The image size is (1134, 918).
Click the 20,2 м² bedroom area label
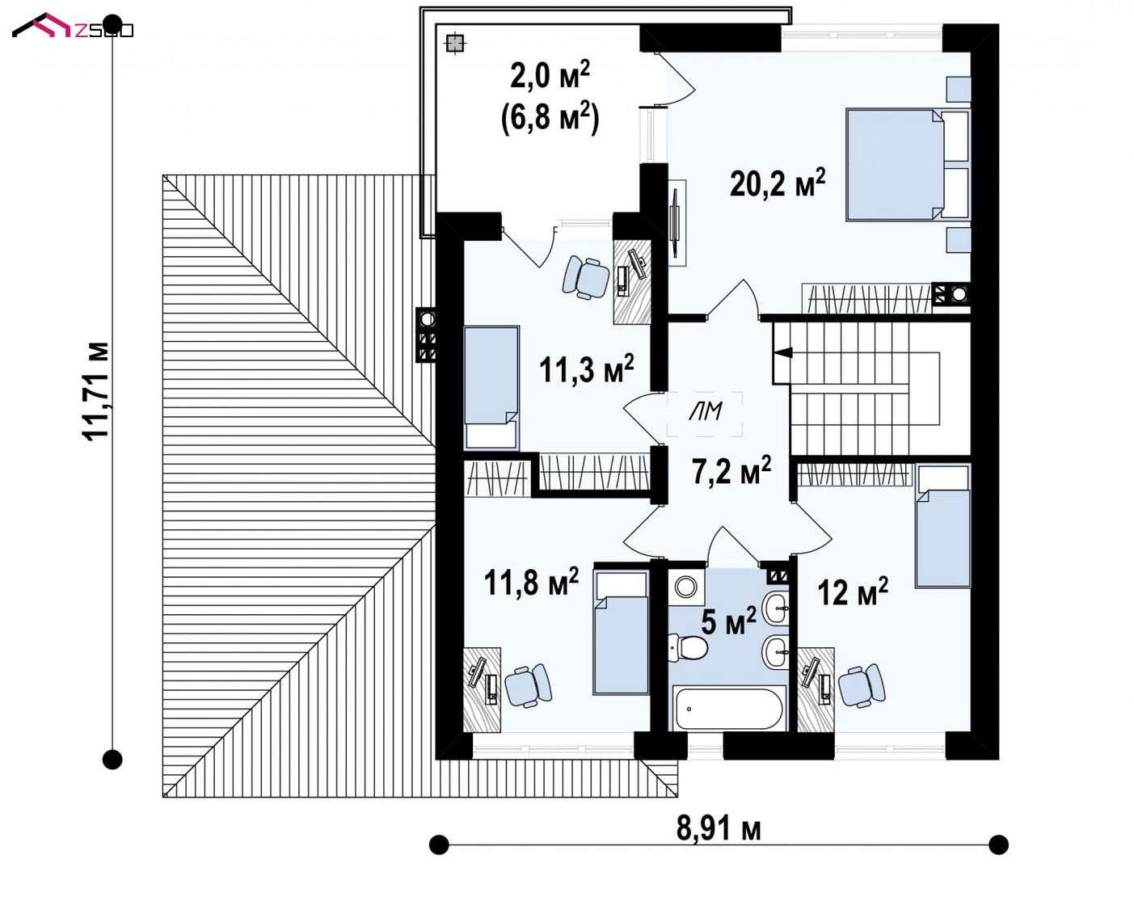(x=778, y=183)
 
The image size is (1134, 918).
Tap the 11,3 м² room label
(x=587, y=368)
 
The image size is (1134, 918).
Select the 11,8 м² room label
(x=531, y=582)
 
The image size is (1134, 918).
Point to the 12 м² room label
(x=853, y=592)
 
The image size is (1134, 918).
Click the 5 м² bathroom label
(x=729, y=621)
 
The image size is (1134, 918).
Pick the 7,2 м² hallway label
(x=731, y=470)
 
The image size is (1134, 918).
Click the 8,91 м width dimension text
(x=719, y=828)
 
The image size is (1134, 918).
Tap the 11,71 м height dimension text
(x=96, y=390)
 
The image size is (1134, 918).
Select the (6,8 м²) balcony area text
(x=550, y=118)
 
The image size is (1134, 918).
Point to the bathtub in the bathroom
(x=729, y=709)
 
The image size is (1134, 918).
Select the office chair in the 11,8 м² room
(x=528, y=685)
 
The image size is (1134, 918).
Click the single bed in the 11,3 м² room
(x=491, y=389)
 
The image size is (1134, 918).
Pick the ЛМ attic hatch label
(x=706, y=411)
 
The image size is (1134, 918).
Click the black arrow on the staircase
(x=784, y=352)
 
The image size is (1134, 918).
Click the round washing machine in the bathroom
(x=686, y=587)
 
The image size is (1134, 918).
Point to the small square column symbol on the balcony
(x=454, y=44)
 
